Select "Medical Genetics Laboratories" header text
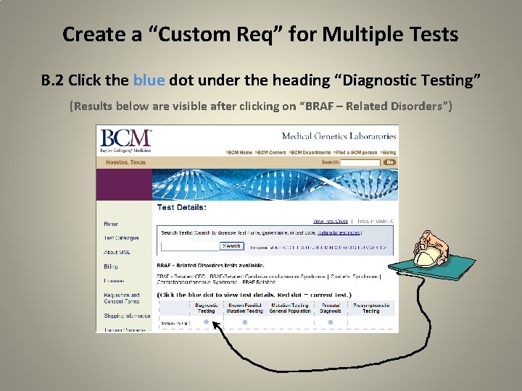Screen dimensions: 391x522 (339, 136)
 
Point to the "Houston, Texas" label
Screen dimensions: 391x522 (126, 162)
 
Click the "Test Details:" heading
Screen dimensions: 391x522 (182, 207)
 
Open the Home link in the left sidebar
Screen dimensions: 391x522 (110, 224)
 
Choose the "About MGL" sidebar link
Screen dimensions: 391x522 (117, 252)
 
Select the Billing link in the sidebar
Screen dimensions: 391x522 (110, 266)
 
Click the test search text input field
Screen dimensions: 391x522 (188, 246)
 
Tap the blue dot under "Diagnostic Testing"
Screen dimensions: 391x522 (207, 322)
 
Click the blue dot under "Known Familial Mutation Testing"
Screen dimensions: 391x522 (245, 322)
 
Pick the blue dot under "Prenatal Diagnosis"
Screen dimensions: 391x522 (331, 322)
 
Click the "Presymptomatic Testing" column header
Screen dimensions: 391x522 (370, 308)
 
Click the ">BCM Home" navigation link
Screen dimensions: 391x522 (240, 153)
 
